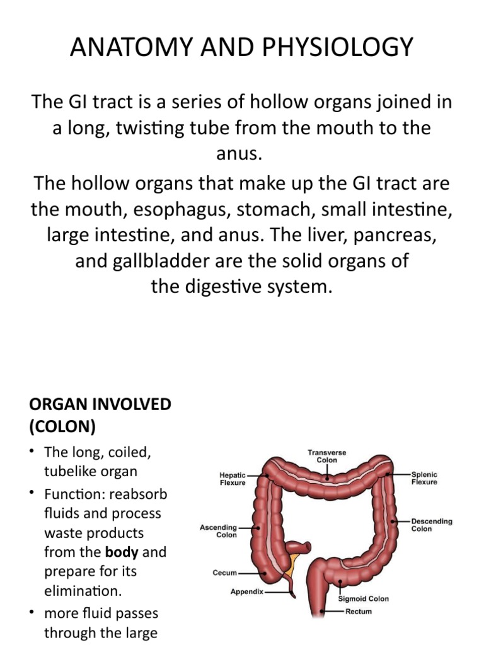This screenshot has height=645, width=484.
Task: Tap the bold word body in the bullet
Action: click(x=122, y=552)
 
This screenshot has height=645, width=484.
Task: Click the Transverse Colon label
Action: click(x=326, y=456)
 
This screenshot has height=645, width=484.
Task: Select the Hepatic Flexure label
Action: click(x=233, y=479)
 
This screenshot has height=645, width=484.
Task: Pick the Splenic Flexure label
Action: click(x=424, y=478)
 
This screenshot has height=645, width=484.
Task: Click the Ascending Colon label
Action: click(x=219, y=531)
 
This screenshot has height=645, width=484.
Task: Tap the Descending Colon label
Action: click(x=432, y=525)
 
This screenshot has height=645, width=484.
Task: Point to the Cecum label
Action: click(x=225, y=573)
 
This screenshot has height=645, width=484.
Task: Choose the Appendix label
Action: click(x=247, y=592)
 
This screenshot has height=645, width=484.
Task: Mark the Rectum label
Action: click(x=359, y=611)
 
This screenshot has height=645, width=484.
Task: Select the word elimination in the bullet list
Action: click(x=82, y=591)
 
